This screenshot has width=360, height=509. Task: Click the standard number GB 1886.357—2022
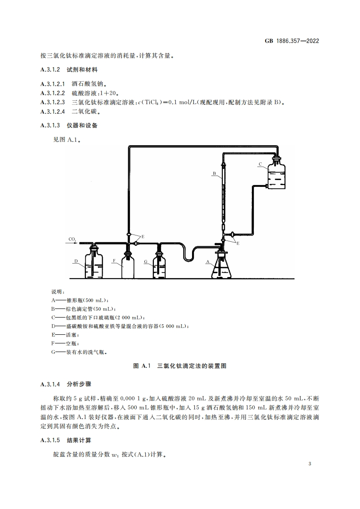(x=292, y=41)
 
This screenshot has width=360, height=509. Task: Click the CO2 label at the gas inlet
(x=72, y=239)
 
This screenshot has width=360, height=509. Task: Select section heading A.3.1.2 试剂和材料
(x=69, y=70)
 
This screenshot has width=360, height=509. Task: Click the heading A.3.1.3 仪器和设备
(x=69, y=125)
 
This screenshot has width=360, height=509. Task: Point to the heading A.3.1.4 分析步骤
(x=66, y=384)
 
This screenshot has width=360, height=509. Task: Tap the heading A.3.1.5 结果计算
(x=66, y=440)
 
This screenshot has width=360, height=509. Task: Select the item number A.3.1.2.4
(x=53, y=112)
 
